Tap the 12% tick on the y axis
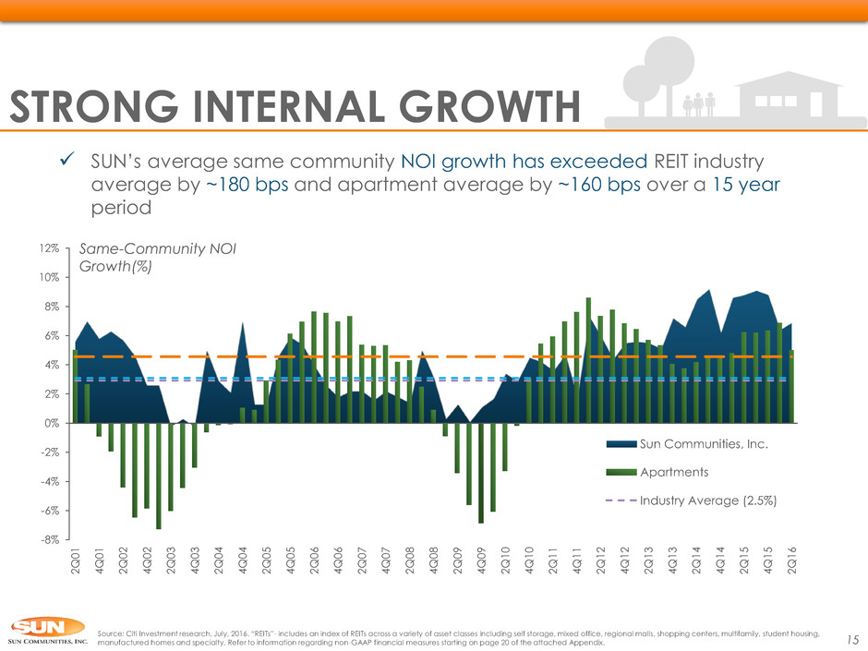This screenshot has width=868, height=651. pos(49,248)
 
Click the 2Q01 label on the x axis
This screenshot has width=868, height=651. pos(75,561)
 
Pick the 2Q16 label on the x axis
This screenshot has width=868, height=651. pos(792,561)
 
